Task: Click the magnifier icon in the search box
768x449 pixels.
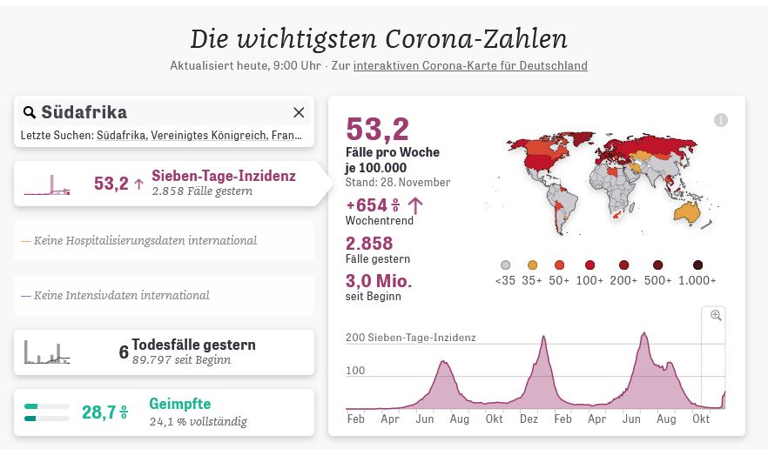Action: click(x=30, y=112)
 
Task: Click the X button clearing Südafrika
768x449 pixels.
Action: click(x=299, y=112)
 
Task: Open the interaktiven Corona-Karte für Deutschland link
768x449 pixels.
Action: click(x=470, y=65)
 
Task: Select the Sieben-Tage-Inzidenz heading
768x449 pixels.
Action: click(x=223, y=176)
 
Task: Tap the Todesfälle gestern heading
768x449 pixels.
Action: click(x=193, y=345)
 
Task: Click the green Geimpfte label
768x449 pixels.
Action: click(x=179, y=404)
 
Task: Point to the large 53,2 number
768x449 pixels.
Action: click(x=377, y=129)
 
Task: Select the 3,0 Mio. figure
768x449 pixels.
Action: click(x=379, y=281)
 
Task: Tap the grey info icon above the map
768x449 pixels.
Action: click(x=721, y=120)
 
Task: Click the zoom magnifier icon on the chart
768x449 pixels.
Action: click(x=716, y=316)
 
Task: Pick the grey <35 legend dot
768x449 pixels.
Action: click(x=505, y=265)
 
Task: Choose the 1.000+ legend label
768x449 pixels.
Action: click(x=698, y=280)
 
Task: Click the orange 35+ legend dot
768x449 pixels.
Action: click(x=532, y=265)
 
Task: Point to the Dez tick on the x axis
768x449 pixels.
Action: click(x=529, y=419)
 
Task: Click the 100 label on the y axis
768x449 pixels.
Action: click(x=355, y=371)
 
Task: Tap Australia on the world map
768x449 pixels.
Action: click(x=689, y=211)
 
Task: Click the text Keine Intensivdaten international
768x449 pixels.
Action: click(x=121, y=295)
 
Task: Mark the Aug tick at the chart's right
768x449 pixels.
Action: click(x=666, y=419)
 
